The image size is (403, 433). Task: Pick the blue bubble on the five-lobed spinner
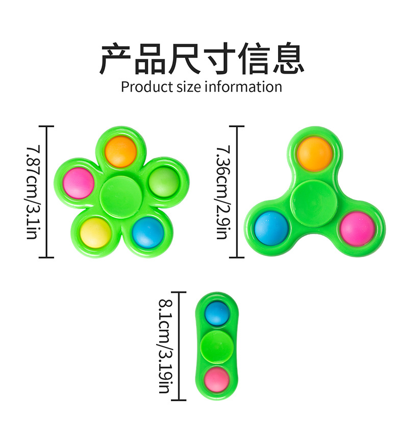[148, 232]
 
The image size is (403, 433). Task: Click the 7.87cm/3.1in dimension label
[32, 192]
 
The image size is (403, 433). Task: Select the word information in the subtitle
[243, 86]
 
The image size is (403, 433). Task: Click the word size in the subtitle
[189, 86]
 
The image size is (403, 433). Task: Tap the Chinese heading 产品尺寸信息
[202, 59]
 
